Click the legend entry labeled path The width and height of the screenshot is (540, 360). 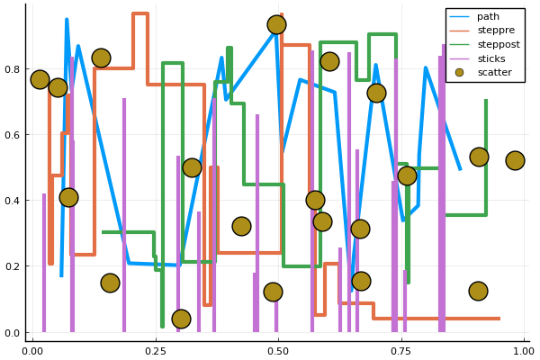[488, 16]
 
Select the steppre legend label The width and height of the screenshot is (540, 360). [494, 31]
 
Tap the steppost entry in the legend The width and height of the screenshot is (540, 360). [498, 44]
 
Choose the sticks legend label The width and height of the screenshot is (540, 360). [491, 58]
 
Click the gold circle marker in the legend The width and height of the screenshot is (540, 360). [460, 72]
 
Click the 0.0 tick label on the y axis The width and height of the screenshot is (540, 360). [13, 333]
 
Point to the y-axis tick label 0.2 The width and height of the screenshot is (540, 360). [13, 266]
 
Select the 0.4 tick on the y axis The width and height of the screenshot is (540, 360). [13, 201]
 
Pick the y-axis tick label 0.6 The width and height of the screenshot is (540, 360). [13, 135]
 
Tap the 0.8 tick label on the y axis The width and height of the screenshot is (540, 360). [13, 69]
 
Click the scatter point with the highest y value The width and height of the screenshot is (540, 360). [276, 24]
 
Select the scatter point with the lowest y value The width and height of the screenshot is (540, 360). [181, 319]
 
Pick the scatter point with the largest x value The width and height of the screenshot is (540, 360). [515, 160]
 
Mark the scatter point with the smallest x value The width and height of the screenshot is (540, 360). [40, 79]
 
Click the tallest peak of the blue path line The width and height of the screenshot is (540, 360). [67, 19]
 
